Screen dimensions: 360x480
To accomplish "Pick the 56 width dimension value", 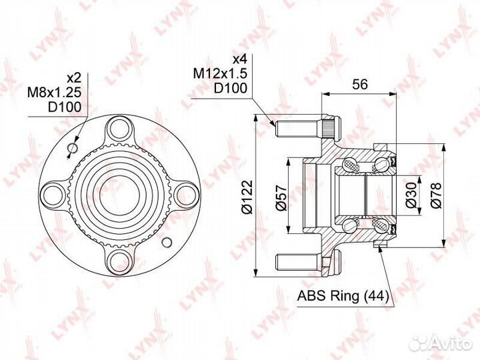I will click(x=360, y=85).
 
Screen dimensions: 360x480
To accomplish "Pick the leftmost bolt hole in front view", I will click(x=53, y=194).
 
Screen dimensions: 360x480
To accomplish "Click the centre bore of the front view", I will click(x=120, y=194).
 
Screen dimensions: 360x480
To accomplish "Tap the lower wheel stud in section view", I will click(x=294, y=261).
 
